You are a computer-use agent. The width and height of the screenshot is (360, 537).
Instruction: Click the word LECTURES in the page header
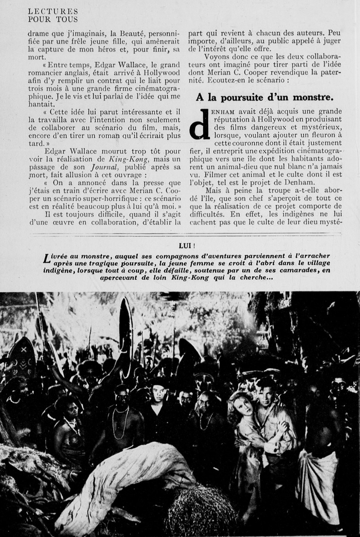53,12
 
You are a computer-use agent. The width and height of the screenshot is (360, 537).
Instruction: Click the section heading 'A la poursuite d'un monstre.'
264,98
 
